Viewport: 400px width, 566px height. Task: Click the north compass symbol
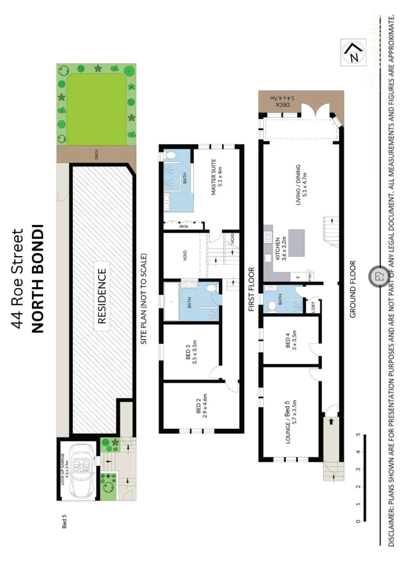pyautogui.click(x=353, y=53)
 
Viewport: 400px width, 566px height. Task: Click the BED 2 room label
pyautogui.click(x=202, y=406)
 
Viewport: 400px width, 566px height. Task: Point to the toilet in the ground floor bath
pyautogui.click(x=272, y=305)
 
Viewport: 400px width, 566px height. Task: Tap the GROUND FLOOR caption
pyautogui.click(x=352, y=289)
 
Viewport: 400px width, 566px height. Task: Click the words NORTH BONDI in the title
pyautogui.click(x=37, y=278)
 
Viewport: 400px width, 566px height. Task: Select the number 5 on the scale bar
pyautogui.click(x=358, y=434)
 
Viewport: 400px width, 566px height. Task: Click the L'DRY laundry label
pyautogui.click(x=312, y=306)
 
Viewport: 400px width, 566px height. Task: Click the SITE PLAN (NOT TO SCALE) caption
pyautogui.click(x=145, y=299)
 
